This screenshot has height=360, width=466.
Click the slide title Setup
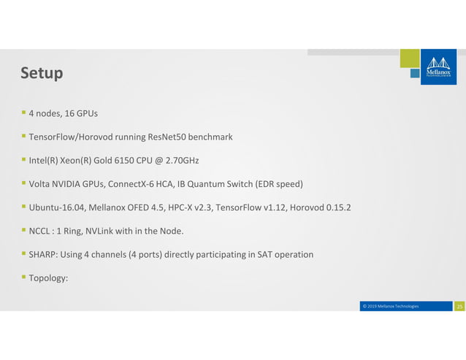(x=42, y=74)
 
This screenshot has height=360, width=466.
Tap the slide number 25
(x=459, y=306)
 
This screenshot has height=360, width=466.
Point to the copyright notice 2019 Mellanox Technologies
(x=390, y=306)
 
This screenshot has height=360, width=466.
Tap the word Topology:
(x=48, y=278)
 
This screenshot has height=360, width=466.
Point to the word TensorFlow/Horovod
(x=67, y=137)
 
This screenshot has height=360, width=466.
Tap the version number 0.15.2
(x=337, y=207)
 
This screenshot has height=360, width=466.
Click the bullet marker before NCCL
(x=23, y=231)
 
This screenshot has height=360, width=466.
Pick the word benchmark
(x=209, y=137)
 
